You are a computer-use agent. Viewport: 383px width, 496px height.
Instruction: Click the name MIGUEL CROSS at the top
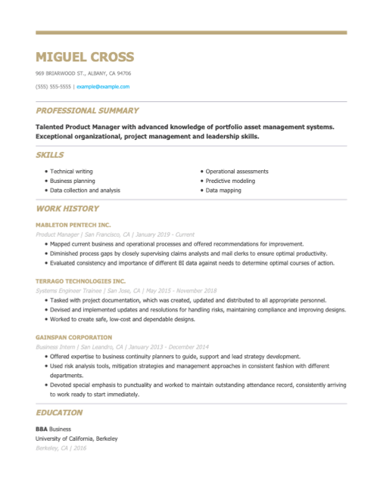click(x=85, y=57)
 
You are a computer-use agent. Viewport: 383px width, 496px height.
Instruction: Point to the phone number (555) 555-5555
click(x=53, y=86)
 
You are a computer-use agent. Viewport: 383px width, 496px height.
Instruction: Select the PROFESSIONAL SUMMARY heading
click(x=87, y=110)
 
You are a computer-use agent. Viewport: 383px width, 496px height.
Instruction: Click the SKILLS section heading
click(x=50, y=155)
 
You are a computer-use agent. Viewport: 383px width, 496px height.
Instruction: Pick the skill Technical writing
click(x=72, y=172)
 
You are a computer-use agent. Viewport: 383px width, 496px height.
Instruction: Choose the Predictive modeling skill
click(x=230, y=181)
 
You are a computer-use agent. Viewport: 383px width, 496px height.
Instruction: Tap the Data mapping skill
click(x=223, y=191)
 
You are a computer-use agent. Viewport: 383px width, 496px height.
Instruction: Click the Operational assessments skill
click(x=237, y=172)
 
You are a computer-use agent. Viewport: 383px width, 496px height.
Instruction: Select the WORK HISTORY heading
click(x=67, y=208)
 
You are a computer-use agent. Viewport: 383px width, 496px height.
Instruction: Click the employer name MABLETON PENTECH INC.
click(x=73, y=225)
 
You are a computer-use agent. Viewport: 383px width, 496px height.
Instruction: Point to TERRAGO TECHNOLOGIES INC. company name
click(x=80, y=281)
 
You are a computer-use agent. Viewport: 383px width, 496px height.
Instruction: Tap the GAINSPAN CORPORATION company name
click(x=73, y=337)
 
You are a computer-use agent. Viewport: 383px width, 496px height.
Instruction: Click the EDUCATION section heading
click(x=59, y=413)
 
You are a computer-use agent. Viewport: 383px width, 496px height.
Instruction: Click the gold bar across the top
click(x=191, y=33)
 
